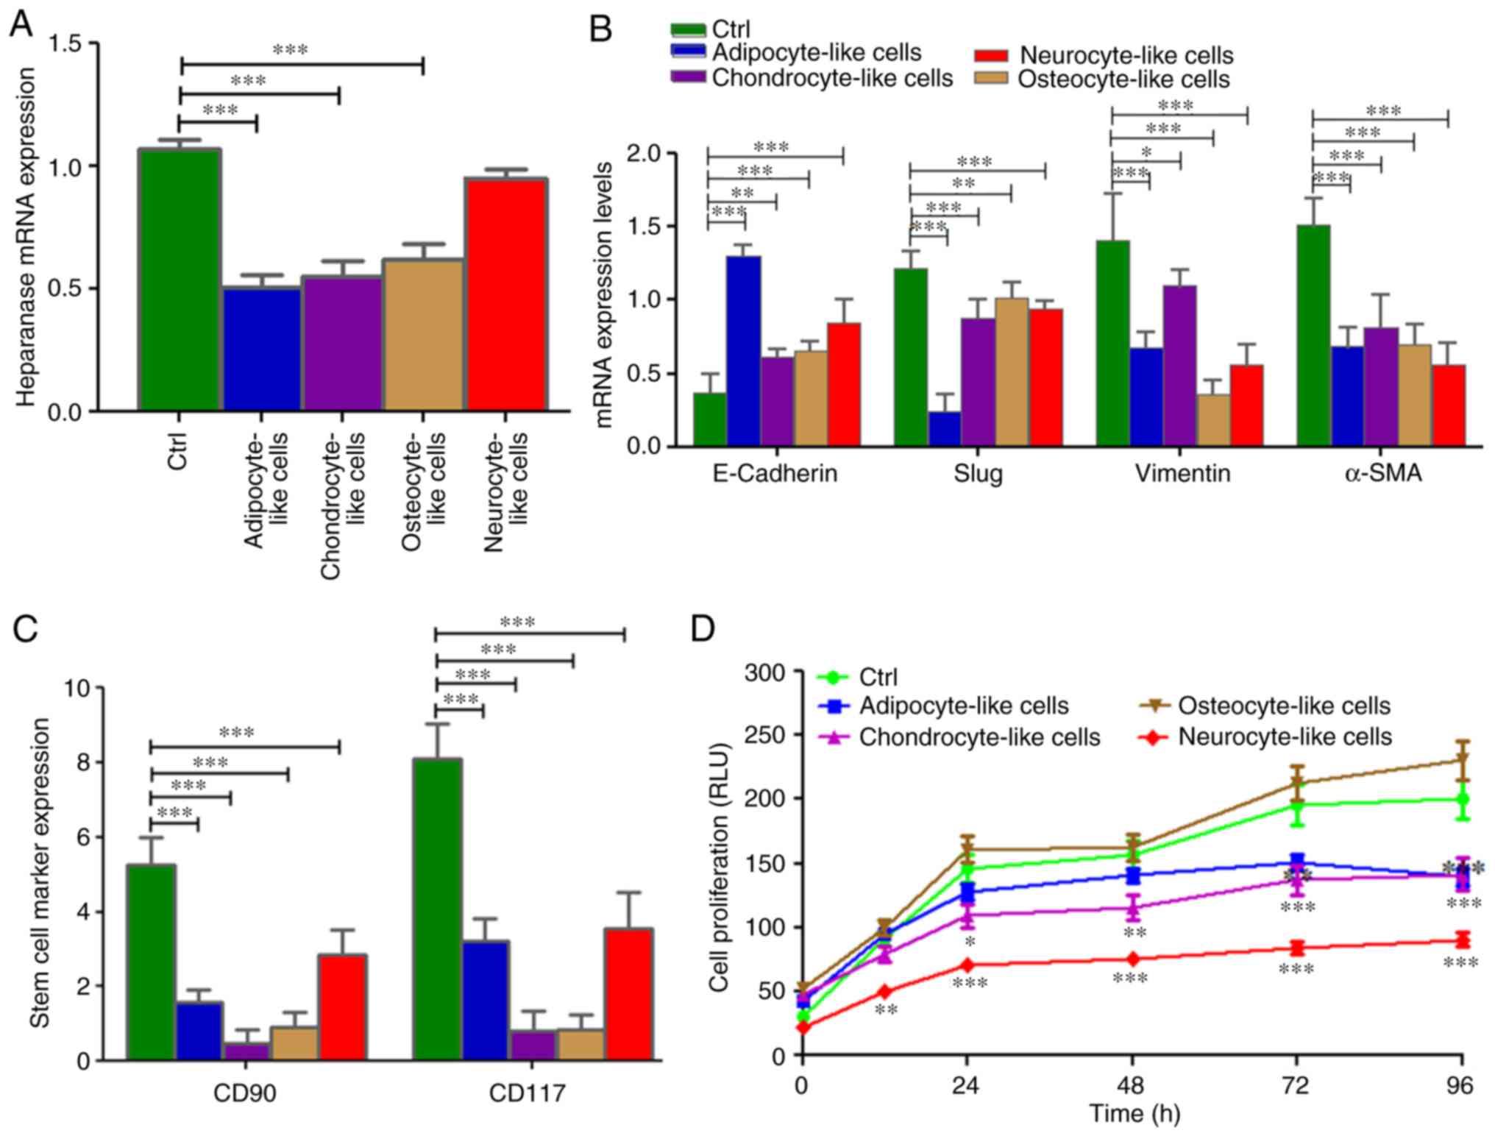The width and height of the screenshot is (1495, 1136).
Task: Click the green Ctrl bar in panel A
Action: coord(180,280)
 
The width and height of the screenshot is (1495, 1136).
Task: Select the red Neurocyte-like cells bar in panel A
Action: coord(505,294)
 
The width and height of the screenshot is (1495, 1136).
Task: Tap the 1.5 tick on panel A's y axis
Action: coord(65,44)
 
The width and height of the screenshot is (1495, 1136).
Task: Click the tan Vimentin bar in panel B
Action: coord(1213,420)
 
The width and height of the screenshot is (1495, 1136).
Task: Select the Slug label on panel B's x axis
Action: coord(978,473)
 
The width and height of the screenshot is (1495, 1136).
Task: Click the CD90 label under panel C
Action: coord(245,1093)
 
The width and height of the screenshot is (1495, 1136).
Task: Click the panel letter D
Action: coord(703,629)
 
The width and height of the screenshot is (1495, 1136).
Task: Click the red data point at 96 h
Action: coord(1462,940)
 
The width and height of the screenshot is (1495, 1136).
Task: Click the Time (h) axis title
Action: coord(1134,1113)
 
